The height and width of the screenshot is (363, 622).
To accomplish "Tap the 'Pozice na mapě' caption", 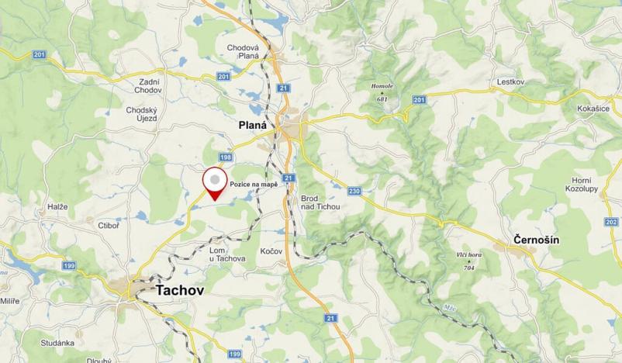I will pyautogui.click(x=254, y=184).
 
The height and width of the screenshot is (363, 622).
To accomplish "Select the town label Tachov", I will pyautogui.click(x=183, y=290).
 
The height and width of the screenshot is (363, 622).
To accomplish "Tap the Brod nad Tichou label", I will pyautogui.click(x=320, y=202).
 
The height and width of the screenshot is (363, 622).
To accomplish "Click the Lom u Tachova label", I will pyautogui.click(x=227, y=254).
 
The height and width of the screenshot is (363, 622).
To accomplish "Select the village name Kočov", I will pyautogui.click(x=271, y=252).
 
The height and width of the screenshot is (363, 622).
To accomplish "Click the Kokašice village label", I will pyautogui.click(x=593, y=109).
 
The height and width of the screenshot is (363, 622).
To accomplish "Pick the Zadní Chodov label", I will pyautogui.click(x=147, y=85).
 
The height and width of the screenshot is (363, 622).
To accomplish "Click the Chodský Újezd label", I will pyautogui.click(x=141, y=114).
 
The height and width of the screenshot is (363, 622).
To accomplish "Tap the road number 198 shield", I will pyautogui.click(x=226, y=157).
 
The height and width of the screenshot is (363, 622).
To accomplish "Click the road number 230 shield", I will pyautogui.click(x=354, y=191).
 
